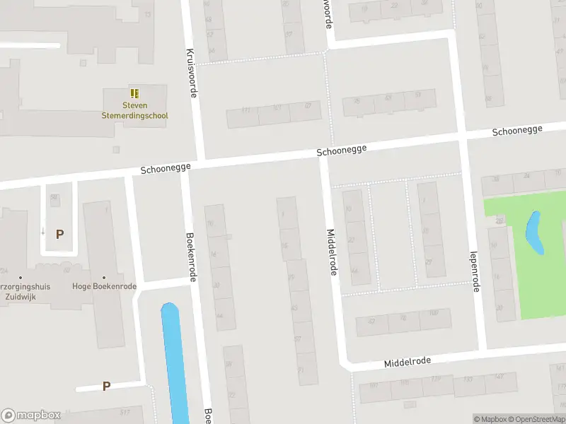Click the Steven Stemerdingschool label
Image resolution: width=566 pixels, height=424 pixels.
point(134,110)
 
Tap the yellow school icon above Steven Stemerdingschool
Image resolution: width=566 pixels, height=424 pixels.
point(134,93)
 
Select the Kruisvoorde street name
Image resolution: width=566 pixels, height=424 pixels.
point(190,73)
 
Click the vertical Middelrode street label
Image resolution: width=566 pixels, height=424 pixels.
point(331,252)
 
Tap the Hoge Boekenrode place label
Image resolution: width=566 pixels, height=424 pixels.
point(104,286)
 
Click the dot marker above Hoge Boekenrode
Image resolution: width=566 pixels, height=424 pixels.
point(104,277)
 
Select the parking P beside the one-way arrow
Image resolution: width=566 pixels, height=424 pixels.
point(60,234)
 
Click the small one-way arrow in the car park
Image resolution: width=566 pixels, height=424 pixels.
point(43,231)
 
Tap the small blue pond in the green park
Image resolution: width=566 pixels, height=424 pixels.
point(534,233)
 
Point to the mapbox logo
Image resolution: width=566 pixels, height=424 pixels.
point(31,416)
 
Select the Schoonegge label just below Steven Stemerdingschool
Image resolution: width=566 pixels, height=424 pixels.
point(164,170)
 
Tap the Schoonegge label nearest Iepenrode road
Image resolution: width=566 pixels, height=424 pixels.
point(517,130)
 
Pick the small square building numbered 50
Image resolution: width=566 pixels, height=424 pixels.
point(54,197)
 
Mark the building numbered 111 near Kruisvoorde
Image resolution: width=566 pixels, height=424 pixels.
point(246,110)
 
